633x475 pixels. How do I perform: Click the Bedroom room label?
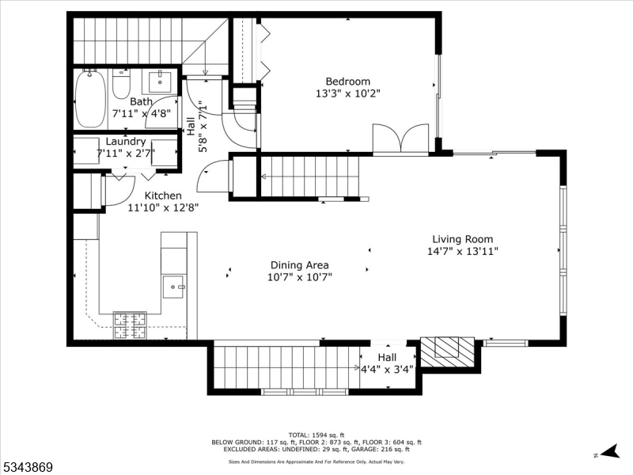[x=347, y=81]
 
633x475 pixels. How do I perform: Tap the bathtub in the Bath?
[x=90, y=99]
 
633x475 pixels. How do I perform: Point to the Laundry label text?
[x=126, y=141]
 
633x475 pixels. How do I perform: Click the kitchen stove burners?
[x=131, y=323]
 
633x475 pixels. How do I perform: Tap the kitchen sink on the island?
[x=173, y=286]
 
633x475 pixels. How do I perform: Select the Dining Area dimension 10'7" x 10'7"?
[x=299, y=277]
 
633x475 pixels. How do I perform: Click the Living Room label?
[x=462, y=239]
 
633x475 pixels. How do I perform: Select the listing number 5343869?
[x=28, y=467]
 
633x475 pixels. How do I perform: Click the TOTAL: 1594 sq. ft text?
[x=316, y=435]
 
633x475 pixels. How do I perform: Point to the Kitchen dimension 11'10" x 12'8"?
[x=163, y=207]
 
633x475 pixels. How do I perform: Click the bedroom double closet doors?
[x=400, y=140]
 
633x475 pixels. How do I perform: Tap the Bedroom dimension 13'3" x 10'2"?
[x=347, y=93]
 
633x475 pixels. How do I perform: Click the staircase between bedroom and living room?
[x=310, y=176]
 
